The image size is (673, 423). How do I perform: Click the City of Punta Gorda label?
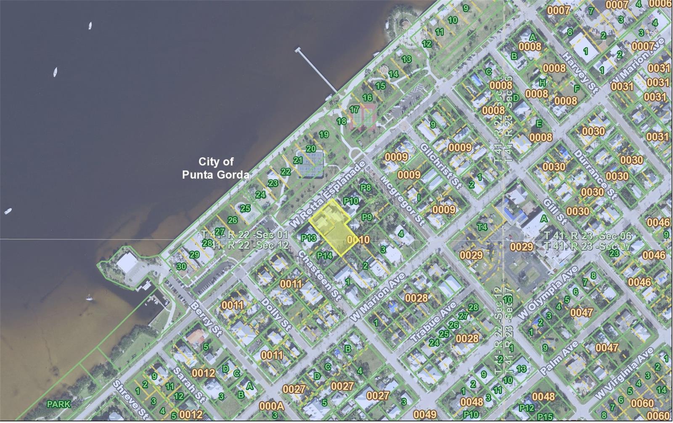[216, 168]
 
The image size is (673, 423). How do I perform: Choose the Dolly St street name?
[276, 314]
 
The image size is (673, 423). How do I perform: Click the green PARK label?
[58, 404]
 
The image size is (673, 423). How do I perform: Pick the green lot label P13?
[308, 238]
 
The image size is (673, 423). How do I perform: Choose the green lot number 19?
[323, 135]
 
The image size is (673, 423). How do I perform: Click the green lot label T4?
[482, 227]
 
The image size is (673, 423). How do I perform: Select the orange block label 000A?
[271, 406]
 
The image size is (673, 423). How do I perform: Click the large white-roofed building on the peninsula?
[127, 263]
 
